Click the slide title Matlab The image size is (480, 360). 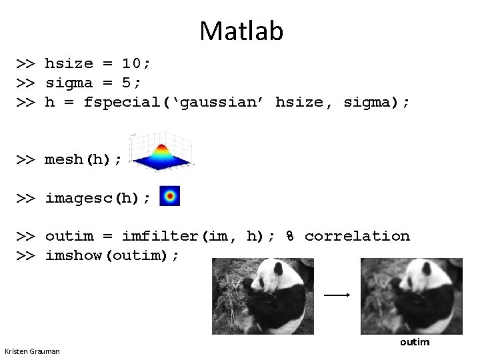pos(241,31)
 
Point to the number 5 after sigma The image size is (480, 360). pos(131,83)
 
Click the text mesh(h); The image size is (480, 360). pos(83,159)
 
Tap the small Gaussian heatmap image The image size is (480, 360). pos(170,196)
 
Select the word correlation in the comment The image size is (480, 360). pos(357,236)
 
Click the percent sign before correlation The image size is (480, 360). pos(291,236)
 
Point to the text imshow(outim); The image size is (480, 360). pos(112,255)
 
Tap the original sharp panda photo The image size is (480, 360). pos(263,296)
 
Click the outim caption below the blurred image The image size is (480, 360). pos(415,342)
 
